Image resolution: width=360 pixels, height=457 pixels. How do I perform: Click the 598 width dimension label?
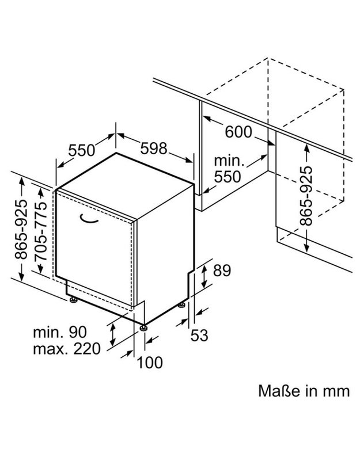point(154,148)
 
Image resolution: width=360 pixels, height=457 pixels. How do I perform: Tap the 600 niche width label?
point(238,132)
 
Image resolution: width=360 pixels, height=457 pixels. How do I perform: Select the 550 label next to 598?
point(82,150)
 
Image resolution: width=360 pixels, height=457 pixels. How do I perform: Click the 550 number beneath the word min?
point(228,177)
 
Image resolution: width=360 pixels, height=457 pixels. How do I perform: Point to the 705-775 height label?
point(40,231)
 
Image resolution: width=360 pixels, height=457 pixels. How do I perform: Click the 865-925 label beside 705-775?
point(21,230)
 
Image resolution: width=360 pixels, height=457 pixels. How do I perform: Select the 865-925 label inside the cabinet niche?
point(306,196)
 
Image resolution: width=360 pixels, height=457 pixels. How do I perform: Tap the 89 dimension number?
point(222,271)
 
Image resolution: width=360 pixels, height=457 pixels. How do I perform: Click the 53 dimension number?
point(199,335)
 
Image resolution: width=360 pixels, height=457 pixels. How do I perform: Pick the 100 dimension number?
point(150,363)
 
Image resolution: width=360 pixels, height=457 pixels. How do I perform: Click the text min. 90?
point(60,332)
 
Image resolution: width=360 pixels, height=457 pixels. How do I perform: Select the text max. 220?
point(67,349)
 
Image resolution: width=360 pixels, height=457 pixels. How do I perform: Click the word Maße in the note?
point(279,391)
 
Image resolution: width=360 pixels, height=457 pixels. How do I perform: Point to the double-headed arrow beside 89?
point(204,276)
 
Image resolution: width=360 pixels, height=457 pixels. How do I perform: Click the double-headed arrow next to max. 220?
point(112,334)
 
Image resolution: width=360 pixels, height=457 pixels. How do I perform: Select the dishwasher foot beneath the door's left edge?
point(73,299)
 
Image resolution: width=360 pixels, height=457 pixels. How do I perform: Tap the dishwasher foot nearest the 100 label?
point(143,328)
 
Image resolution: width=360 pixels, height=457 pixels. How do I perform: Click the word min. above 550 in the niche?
point(229,161)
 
